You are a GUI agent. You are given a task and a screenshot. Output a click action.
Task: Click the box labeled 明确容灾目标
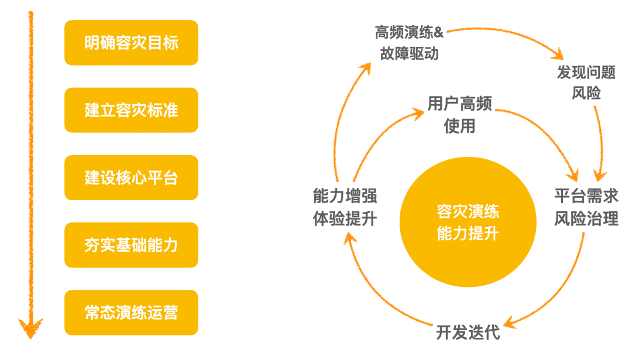pos(131,43)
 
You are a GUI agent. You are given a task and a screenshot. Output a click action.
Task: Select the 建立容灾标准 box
pos(131,110)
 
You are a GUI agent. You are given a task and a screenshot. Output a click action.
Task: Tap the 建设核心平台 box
pos(131,178)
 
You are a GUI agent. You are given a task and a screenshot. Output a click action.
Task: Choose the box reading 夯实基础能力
pos(131,245)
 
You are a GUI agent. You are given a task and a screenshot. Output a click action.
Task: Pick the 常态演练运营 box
pos(131,313)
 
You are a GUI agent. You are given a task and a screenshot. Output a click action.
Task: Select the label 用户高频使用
pos(459,115)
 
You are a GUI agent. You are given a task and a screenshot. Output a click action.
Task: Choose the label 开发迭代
pos(468,332)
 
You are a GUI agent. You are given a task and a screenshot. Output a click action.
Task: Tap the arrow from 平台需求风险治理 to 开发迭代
pos(562,287)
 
